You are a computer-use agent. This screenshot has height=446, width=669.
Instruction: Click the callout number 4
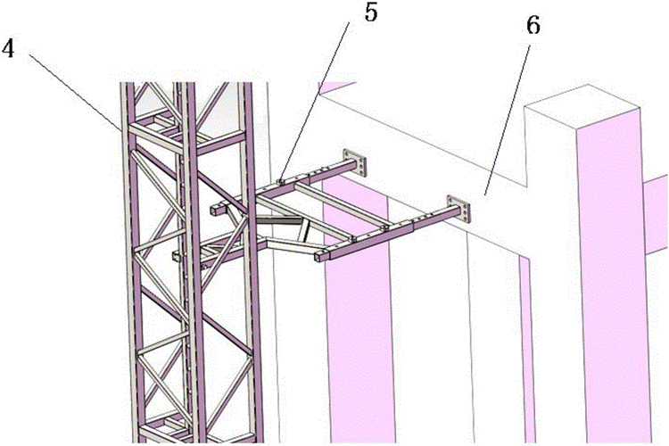tap(8, 49)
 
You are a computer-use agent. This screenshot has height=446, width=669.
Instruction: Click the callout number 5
tap(371, 12)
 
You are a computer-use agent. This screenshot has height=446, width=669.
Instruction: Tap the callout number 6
tap(533, 26)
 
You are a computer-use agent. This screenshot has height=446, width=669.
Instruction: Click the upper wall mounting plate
tap(355, 163)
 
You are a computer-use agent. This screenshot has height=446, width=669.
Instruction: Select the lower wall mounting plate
tap(458, 209)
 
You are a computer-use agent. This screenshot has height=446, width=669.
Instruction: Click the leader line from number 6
tap(508, 120)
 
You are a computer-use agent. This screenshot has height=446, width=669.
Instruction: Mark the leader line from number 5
tap(315, 102)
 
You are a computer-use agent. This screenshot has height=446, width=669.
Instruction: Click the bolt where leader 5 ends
tap(280, 181)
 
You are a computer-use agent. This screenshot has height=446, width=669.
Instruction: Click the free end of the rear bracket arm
tap(216, 210)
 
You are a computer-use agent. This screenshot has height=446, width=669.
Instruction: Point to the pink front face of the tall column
tap(613, 282)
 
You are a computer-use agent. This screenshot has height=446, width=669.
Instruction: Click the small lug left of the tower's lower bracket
tap(177, 256)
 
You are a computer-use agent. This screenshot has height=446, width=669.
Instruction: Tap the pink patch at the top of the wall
tap(336, 87)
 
